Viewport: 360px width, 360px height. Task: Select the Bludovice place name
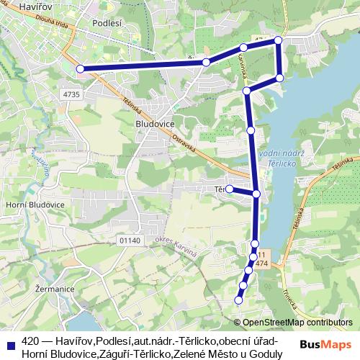coord(156,123)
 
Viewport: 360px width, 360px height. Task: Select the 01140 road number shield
coord(130,240)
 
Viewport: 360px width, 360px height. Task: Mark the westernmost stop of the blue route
coord(81,69)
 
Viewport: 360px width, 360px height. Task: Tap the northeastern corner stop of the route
coord(277,42)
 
